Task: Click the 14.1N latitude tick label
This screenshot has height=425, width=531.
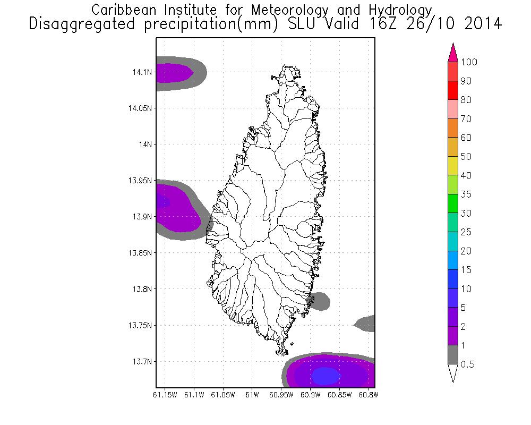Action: [x=143, y=72]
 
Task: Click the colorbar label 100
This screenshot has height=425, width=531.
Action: [x=469, y=62]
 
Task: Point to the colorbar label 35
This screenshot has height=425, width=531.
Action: [x=466, y=194]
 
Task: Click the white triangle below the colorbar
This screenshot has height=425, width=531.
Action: [x=453, y=373]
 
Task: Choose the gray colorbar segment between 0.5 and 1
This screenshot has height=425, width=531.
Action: [x=453, y=355]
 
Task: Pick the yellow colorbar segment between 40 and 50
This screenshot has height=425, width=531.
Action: [x=453, y=166]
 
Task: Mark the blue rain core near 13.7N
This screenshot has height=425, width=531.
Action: [x=326, y=376]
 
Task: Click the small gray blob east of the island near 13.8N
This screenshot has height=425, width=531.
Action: [x=320, y=301]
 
